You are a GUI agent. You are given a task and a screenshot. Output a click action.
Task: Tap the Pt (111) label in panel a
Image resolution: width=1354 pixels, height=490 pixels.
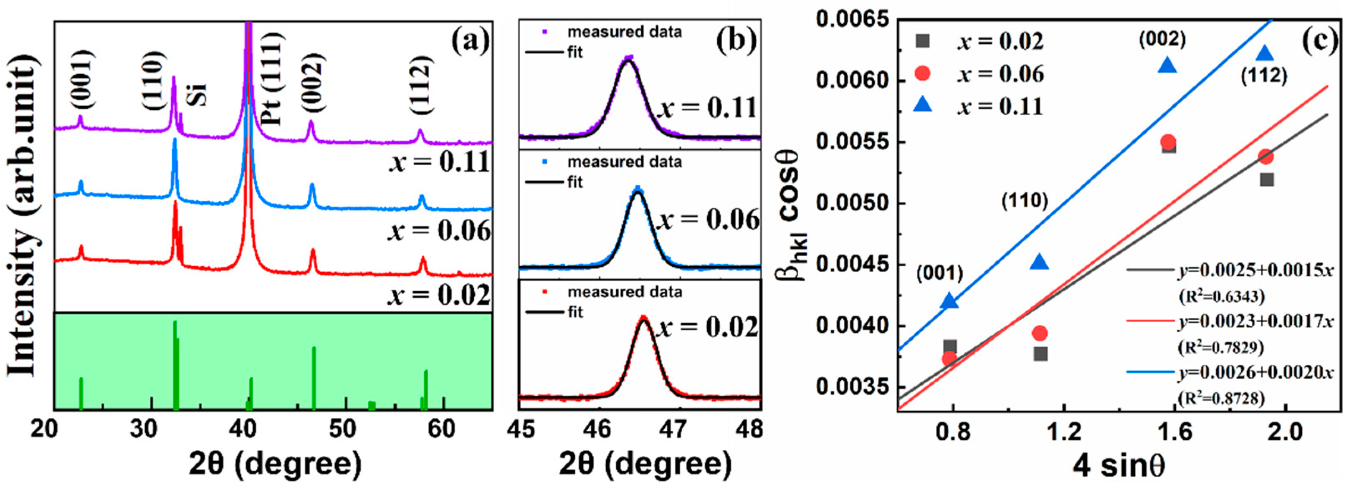(x=272, y=79)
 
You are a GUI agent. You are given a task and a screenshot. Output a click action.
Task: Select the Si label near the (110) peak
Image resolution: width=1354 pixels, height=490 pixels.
(x=199, y=94)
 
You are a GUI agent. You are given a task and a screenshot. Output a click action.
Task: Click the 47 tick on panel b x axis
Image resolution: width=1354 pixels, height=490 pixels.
(x=673, y=429)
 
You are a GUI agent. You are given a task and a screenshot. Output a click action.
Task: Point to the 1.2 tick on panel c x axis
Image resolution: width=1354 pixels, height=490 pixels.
(x=1064, y=431)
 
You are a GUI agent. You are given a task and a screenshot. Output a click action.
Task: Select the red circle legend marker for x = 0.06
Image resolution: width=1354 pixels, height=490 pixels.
(x=922, y=73)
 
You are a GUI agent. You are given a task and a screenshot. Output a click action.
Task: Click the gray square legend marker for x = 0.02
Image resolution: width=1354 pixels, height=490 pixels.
(x=922, y=41)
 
